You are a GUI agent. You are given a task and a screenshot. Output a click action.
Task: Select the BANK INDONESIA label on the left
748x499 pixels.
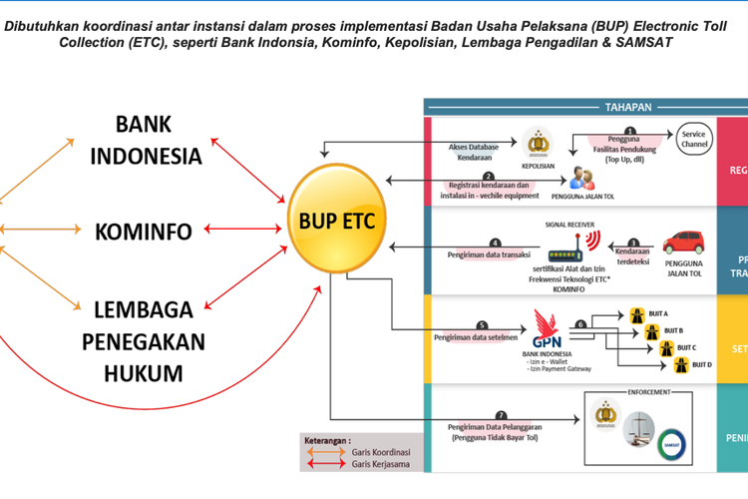pos(158,140)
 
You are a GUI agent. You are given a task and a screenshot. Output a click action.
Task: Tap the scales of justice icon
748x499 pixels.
pos(638,427)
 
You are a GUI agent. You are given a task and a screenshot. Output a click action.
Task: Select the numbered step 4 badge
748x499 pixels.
pos(494,242)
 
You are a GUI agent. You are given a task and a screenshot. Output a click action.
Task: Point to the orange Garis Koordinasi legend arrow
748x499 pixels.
pos(323,451)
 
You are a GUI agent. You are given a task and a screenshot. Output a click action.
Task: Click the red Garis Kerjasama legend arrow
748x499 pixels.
pos(323,465)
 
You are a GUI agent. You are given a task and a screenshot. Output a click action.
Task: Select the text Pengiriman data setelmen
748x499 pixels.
pos(474,337)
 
